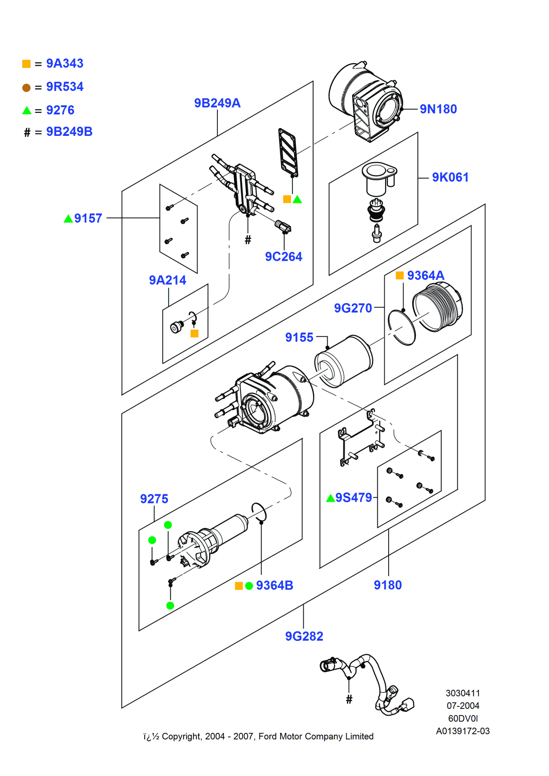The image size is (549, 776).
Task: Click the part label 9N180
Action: (x=438, y=109)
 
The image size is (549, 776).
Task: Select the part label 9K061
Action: (x=450, y=178)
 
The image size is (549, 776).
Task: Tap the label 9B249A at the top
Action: (x=217, y=103)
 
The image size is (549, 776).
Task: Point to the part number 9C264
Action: (x=283, y=257)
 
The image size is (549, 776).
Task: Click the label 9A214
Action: (x=167, y=280)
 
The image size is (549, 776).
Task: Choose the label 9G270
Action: (x=352, y=308)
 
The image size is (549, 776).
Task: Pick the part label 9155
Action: (x=299, y=337)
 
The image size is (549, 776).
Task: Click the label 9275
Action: (x=154, y=499)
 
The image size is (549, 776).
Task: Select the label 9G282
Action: (x=304, y=637)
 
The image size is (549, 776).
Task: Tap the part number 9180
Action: (x=387, y=585)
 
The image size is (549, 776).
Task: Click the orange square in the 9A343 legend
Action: (x=27, y=64)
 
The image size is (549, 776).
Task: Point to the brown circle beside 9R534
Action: (x=27, y=88)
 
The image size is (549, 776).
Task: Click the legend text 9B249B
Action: (x=69, y=132)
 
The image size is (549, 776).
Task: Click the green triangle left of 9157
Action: (x=68, y=219)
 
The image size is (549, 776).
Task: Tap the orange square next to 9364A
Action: (x=400, y=276)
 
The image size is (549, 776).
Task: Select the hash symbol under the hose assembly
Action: (x=349, y=699)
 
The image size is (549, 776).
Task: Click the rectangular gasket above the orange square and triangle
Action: (x=288, y=152)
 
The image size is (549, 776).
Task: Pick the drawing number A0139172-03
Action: (x=463, y=731)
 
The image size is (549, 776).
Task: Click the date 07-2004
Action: (x=463, y=706)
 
